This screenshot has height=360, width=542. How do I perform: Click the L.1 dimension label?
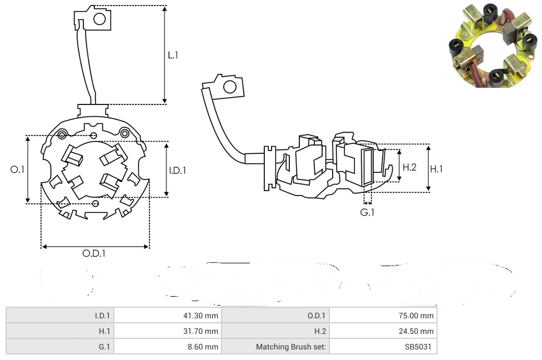coord(173,55)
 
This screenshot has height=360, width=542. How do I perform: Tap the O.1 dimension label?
coord(17,169)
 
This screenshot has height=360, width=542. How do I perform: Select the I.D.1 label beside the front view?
coord(177,171)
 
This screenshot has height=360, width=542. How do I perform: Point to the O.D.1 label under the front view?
coord(94,253)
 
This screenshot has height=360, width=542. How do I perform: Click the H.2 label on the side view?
coord(409,167)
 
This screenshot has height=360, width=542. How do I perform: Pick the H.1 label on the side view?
coord(436,168)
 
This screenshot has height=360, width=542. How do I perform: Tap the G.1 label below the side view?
coord(367,212)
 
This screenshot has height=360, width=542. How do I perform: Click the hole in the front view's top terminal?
coord(99,19)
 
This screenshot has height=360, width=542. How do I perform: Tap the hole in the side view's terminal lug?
coord(229,87)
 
